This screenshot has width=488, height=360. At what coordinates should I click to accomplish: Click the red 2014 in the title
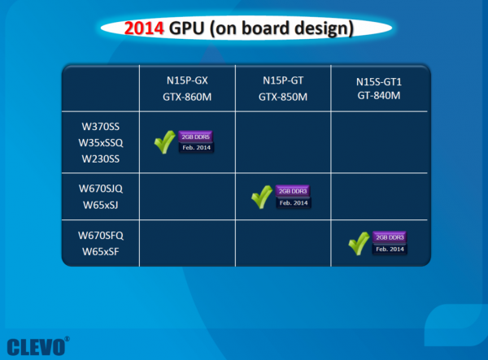(x=144, y=28)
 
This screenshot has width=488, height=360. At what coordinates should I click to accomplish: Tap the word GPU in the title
(x=187, y=28)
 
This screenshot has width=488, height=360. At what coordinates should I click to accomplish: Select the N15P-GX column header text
(x=187, y=80)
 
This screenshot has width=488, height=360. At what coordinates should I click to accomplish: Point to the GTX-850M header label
(x=283, y=97)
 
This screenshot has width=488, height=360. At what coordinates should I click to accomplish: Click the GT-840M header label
(x=379, y=95)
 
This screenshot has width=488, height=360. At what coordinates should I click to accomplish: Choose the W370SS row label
(x=101, y=127)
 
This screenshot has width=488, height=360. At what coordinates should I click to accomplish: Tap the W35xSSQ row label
(x=101, y=143)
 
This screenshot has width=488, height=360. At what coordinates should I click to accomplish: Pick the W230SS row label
(x=101, y=158)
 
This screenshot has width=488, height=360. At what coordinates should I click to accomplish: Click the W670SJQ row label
(x=101, y=189)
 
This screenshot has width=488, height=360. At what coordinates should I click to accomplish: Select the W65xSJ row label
(x=101, y=205)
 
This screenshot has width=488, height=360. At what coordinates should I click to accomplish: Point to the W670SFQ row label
(x=101, y=236)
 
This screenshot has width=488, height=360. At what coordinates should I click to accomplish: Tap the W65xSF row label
(x=101, y=251)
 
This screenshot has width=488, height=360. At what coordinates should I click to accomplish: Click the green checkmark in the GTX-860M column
(x=164, y=142)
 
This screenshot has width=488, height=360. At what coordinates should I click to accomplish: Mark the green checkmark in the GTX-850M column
(x=261, y=197)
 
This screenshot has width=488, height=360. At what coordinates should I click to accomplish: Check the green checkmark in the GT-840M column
(x=359, y=244)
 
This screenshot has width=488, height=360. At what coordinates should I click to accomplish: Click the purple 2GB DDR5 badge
(x=195, y=137)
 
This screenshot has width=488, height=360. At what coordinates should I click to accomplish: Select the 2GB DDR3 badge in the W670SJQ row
(x=293, y=191)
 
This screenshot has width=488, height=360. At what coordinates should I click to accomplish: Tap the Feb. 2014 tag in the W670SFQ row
(x=390, y=249)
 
